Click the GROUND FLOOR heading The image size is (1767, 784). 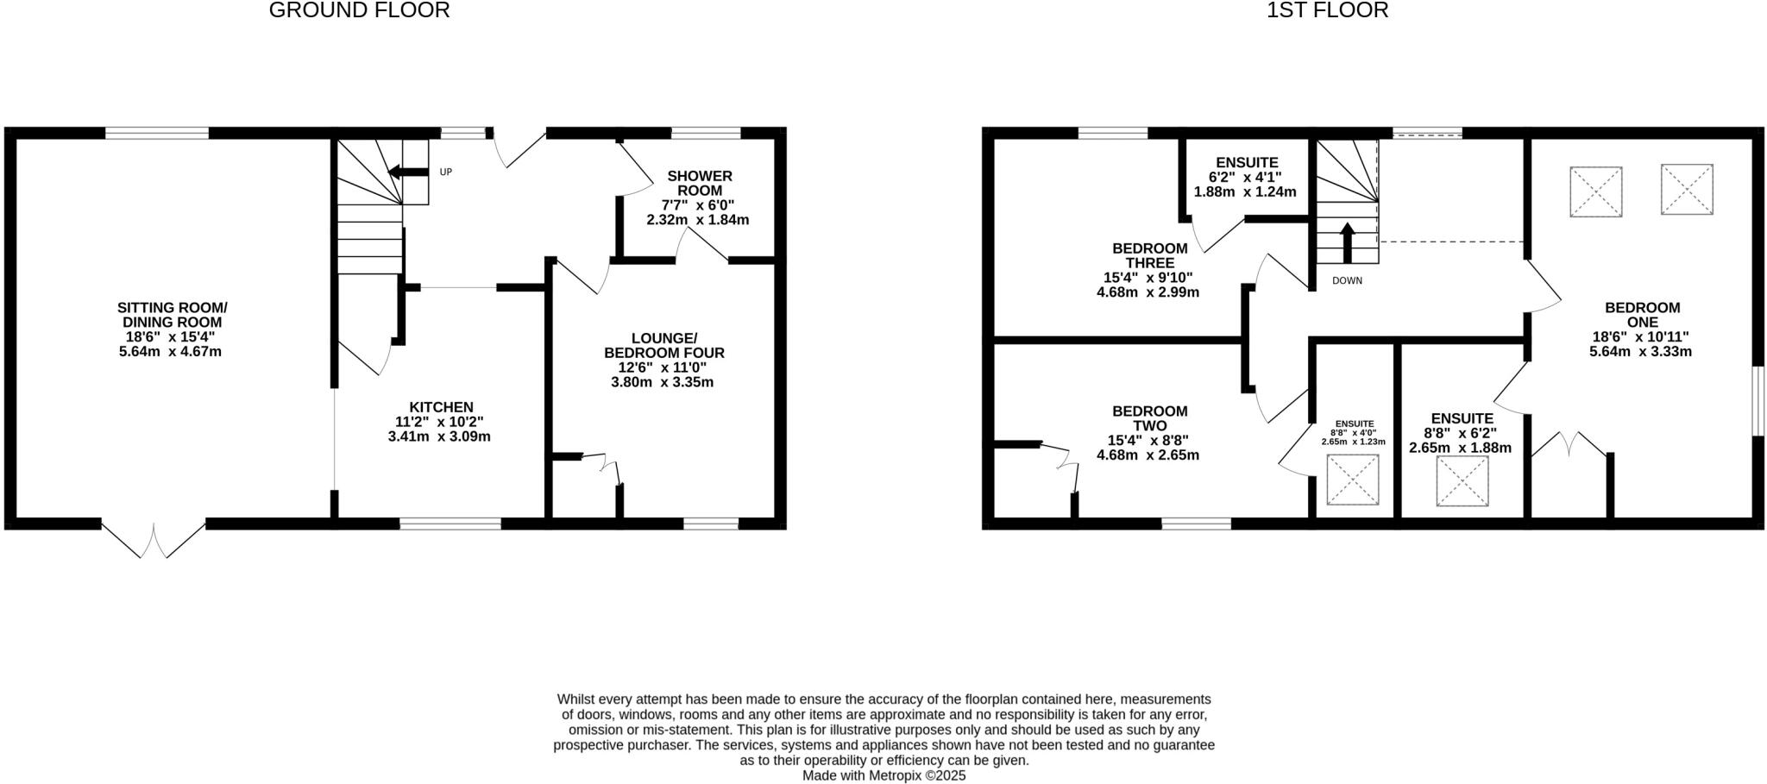coord(359,10)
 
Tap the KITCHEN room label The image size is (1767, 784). coord(441,407)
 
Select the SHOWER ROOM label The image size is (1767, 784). coord(700,183)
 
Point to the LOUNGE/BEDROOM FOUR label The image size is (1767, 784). coord(663,345)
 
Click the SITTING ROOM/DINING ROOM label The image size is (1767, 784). coord(172,315)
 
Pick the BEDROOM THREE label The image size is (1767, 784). coord(1149,255)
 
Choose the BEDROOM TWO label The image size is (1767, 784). coord(1149,418)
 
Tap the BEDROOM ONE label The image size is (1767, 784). coord(1642,315)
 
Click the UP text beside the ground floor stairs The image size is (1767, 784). coord(445,172)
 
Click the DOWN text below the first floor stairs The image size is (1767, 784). coord(1347,280)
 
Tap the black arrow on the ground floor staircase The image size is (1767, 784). coord(406,172)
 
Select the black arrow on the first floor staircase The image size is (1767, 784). coord(1347,241)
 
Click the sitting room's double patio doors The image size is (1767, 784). coord(154,538)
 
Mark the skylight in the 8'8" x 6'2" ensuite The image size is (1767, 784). coord(1462,480)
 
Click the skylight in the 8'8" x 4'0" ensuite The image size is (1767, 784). coord(1353,479)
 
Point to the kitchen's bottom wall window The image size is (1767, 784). coord(450,523)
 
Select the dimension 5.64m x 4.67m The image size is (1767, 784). coord(171,351)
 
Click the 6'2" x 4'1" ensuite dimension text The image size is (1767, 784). coord(1245,178)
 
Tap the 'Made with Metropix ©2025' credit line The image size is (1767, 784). coord(883,775)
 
